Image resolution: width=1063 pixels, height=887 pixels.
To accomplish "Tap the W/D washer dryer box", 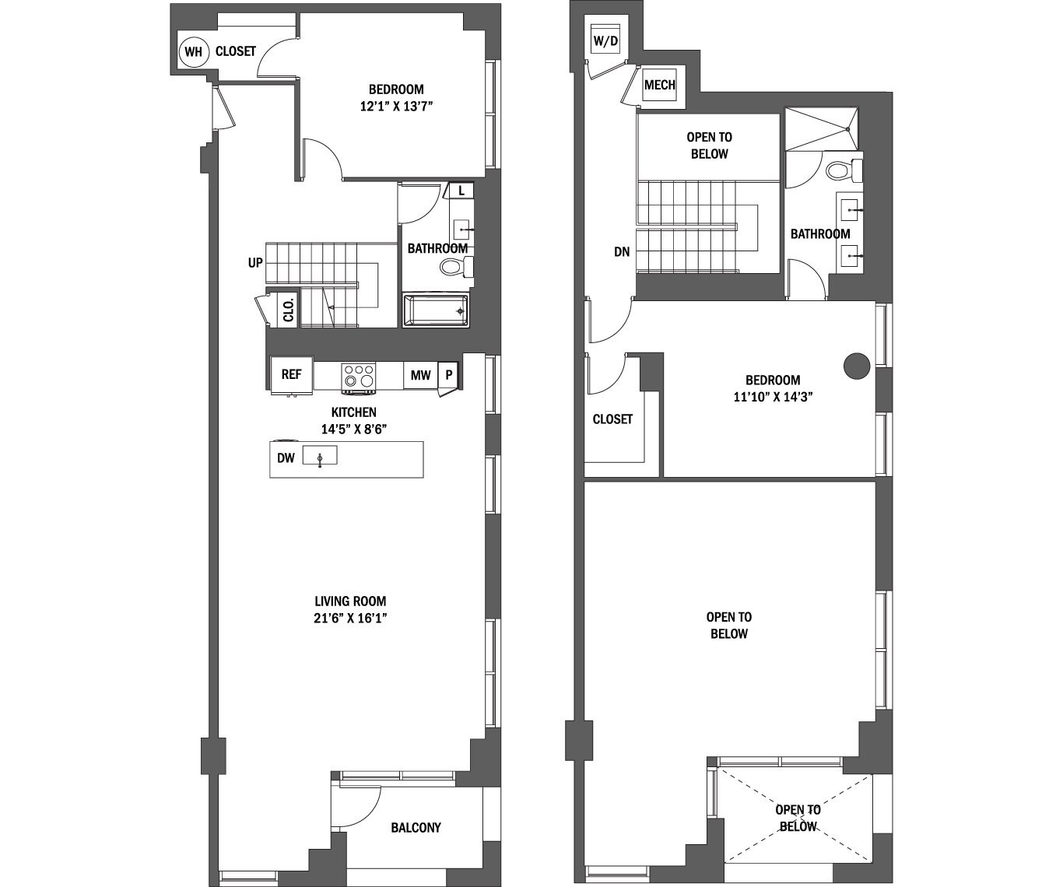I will tap(605, 40).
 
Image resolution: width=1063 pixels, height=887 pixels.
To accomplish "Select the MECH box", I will tap(660, 85).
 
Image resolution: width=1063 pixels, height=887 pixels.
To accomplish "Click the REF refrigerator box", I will tap(291, 374).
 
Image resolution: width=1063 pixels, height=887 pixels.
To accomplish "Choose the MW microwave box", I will tap(420, 375).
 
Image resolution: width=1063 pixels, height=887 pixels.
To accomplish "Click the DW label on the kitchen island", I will tap(286, 458).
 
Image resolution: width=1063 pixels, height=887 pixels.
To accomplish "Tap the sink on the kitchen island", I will tap(320, 456).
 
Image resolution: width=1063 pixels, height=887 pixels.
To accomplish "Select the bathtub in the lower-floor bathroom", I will tap(436, 310).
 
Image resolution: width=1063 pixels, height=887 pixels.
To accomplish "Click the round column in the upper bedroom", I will tap(857, 365).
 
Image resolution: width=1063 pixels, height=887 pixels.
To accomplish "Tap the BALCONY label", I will tap(416, 827).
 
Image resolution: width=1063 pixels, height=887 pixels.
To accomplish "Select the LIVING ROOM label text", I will tap(350, 601).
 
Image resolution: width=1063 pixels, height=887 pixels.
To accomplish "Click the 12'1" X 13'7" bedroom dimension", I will tap(396, 107).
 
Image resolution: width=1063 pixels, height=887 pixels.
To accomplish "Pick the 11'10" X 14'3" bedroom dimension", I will tap(773, 396).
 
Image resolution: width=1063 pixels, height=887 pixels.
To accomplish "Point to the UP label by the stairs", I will tap(255, 263).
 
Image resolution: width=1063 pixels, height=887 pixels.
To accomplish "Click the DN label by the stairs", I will tap(621, 252).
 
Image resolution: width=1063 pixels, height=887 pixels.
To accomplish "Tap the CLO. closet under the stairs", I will tap(287, 310).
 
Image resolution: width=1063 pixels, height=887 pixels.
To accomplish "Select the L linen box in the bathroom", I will tap(461, 191).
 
